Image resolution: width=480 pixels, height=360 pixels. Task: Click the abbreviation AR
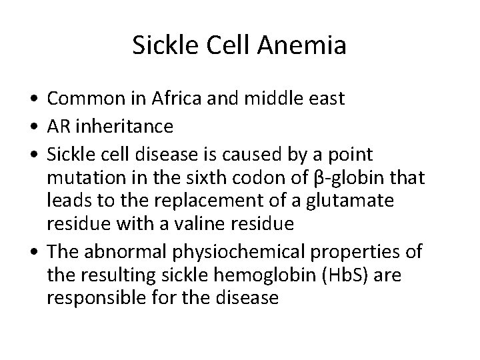pos(57,126)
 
